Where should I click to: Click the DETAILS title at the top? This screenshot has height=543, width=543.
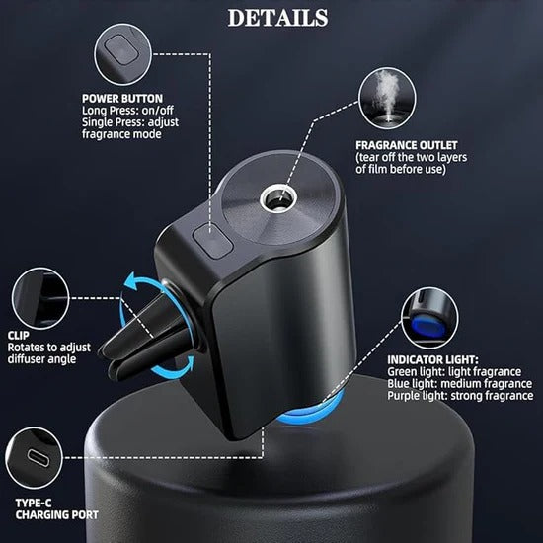277,17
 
